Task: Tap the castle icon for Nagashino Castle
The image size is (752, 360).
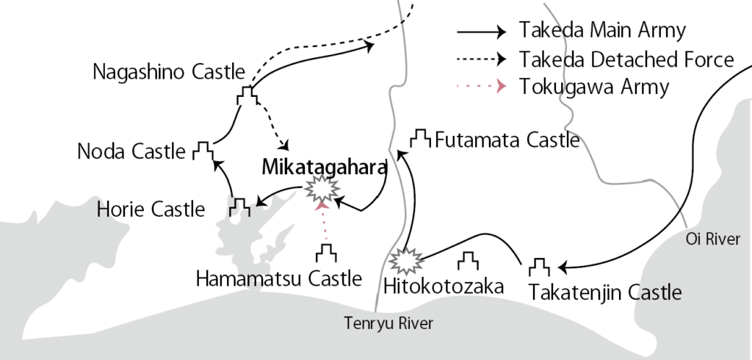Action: (x=247, y=96)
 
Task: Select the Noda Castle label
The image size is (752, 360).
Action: (x=131, y=151)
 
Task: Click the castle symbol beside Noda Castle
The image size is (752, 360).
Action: (x=202, y=150)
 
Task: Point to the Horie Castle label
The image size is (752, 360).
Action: (x=151, y=209)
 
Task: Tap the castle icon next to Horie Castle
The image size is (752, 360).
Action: (x=239, y=206)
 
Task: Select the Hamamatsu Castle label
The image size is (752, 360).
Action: (x=279, y=278)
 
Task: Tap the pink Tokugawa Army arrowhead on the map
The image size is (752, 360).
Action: (x=319, y=208)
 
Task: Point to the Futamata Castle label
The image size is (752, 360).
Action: (x=507, y=140)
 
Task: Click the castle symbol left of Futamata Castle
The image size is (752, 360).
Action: (x=420, y=137)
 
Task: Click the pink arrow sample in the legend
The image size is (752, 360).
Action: (x=481, y=86)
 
